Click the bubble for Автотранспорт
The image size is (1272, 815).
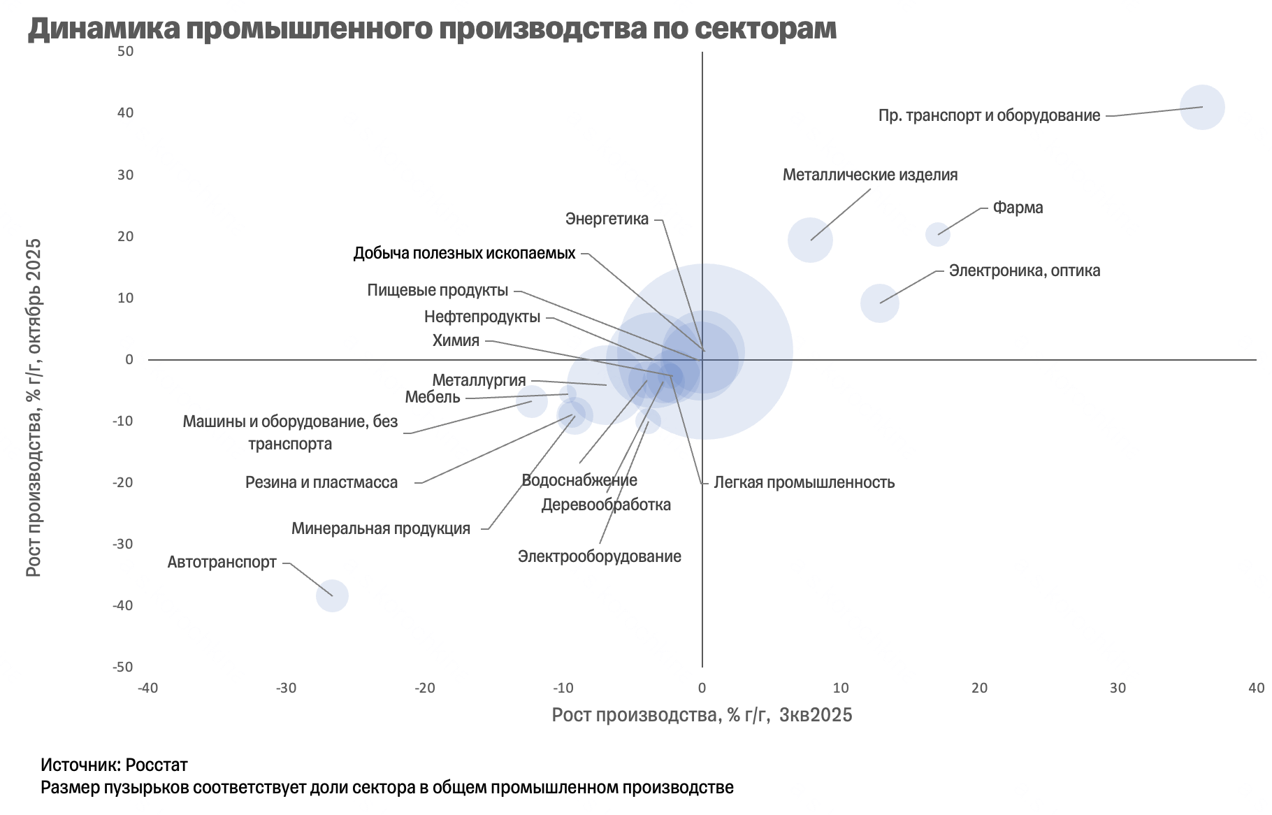coord(332,596)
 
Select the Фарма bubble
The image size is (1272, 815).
coord(937,234)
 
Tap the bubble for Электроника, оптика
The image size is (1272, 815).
coord(879,303)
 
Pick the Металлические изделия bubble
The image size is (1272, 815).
coord(810,240)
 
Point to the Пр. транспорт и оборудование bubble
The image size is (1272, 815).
coord(1202,107)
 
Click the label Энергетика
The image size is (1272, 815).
coord(607,219)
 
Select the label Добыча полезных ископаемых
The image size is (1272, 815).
coord(464,253)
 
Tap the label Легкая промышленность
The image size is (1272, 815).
coord(804,482)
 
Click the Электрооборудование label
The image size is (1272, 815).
coord(599,556)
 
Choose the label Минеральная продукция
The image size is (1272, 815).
coord(381,528)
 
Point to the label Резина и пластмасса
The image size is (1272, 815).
coord(321,482)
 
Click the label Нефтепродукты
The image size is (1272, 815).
coord(482,317)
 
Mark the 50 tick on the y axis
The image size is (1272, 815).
coord(126,51)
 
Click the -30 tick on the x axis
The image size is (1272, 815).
coord(286,688)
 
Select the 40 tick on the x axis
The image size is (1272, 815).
coord(1256,688)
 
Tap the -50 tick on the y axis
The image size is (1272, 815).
coord(123,667)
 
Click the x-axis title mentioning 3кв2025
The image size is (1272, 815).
coord(702,714)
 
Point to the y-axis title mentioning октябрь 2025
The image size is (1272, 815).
coord(34,407)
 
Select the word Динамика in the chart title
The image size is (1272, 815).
coord(105,29)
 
